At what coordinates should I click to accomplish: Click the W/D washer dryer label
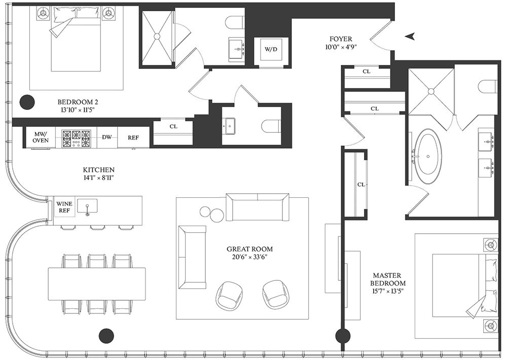pyautogui.click(x=271, y=50)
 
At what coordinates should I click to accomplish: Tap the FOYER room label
pyautogui.click(x=341, y=39)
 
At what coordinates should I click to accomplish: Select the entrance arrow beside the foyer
pyautogui.click(x=410, y=37)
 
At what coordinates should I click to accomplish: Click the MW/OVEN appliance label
pyautogui.click(x=41, y=137)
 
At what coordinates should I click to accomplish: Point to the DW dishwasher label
pyautogui.click(x=106, y=137)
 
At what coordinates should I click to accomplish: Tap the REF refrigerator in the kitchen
pyautogui.click(x=133, y=137)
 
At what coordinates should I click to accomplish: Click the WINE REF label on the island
pyautogui.click(x=64, y=207)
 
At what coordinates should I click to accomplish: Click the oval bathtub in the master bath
pyautogui.click(x=428, y=157)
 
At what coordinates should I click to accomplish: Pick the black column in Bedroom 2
pyautogui.click(x=27, y=102)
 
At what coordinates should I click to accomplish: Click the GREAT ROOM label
pyautogui.click(x=249, y=249)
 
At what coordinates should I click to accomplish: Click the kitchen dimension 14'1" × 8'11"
pyautogui.click(x=99, y=177)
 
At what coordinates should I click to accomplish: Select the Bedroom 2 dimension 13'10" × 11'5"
pyautogui.click(x=78, y=110)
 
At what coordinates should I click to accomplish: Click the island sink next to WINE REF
pyautogui.click(x=87, y=206)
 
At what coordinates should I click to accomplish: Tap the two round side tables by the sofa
pyautogui.click(x=211, y=213)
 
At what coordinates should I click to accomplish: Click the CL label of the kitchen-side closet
pyautogui.click(x=173, y=126)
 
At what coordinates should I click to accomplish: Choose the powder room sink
pyautogui.click(x=231, y=126)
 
